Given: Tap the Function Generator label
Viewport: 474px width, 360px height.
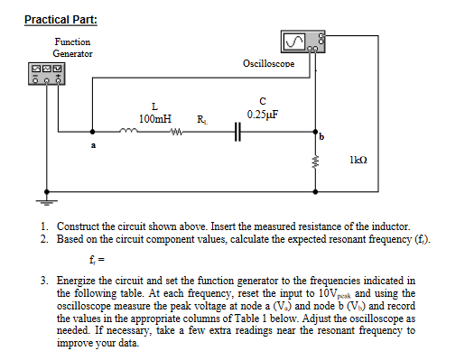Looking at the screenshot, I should coord(72,48).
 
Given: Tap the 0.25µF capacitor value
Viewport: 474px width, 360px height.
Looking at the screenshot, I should coord(262,115).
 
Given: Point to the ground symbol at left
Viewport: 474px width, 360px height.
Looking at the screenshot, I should coord(41,200).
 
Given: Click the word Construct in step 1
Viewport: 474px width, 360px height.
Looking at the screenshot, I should coord(79,226).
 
